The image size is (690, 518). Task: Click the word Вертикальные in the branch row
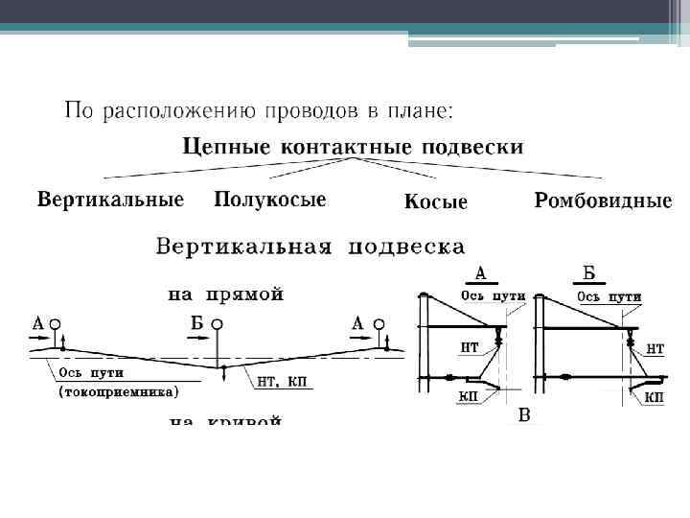coord(110,201)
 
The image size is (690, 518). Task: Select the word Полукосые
coord(270,200)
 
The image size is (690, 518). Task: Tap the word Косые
coord(435,202)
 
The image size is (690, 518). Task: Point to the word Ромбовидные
coord(603,201)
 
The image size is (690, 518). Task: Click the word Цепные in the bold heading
coord(226,148)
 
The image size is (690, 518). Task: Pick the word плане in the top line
coord(417,112)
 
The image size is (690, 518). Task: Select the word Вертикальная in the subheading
coord(244,247)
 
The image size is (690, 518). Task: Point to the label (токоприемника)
coord(119,392)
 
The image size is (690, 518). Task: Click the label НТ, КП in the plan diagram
coord(282,380)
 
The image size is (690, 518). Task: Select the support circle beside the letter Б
coord(218,324)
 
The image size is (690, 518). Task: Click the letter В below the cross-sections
coord(523,415)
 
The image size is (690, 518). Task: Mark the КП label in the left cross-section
coord(470,396)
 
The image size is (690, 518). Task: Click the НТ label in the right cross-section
coord(655,351)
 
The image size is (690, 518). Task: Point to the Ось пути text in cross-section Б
coord(609,296)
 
